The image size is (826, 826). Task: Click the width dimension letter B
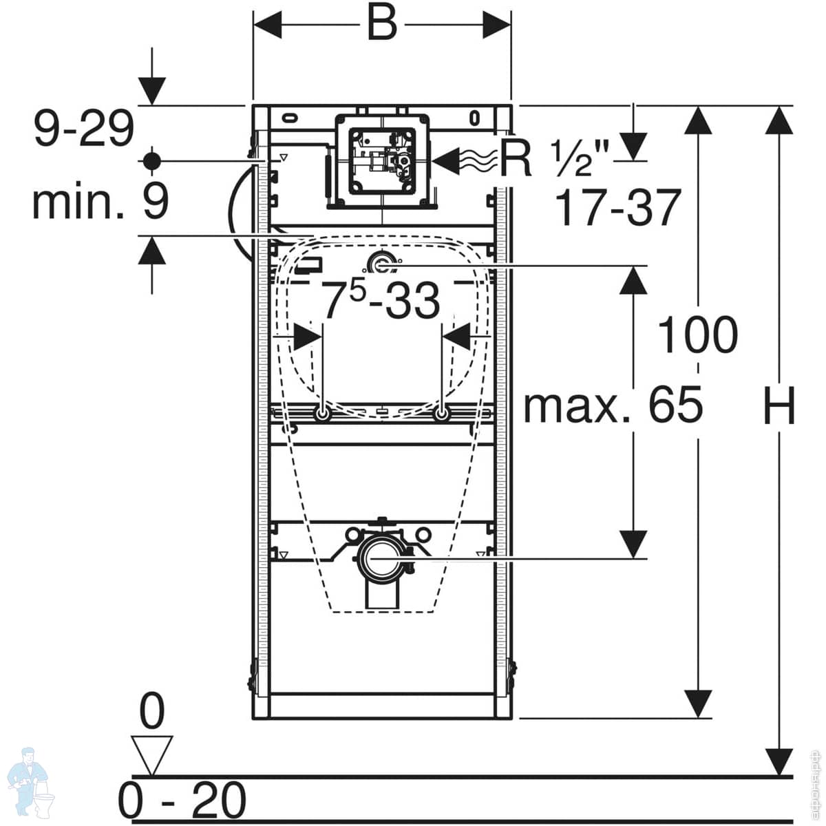[381, 24]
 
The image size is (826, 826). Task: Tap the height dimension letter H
[780, 406]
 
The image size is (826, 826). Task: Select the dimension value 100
[698, 336]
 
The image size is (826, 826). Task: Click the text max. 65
[613, 405]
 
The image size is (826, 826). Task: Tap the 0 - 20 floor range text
[182, 799]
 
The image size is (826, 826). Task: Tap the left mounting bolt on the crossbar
[321, 415]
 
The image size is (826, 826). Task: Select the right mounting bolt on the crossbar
[441, 415]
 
